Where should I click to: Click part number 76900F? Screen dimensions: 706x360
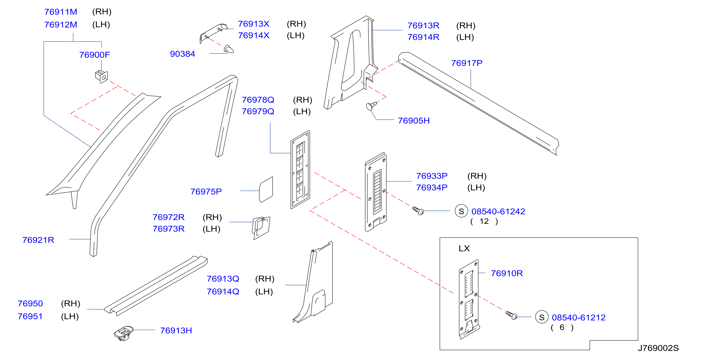[95, 55]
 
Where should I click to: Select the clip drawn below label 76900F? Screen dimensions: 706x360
[101, 76]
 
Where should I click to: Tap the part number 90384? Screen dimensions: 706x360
[183, 54]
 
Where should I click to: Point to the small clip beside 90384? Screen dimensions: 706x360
[229, 49]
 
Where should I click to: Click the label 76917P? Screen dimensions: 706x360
[467, 63]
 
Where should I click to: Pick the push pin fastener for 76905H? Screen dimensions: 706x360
[371, 106]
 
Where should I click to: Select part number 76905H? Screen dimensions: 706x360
[414, 121]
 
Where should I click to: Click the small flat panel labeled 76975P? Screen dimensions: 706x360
[266, 190]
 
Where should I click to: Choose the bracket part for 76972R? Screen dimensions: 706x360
[261, 228]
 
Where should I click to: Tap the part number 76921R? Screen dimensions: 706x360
[38, 240]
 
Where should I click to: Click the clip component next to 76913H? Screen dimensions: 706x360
[124, 333]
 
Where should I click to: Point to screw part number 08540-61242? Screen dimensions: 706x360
[498, 212]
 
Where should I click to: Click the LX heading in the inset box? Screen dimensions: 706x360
[464, 248]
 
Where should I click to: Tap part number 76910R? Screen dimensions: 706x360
[507, 273]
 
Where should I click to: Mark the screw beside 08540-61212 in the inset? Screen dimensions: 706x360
[511, 315]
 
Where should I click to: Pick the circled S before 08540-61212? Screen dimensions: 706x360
[542, 317]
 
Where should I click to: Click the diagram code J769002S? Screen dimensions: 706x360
[658, 348]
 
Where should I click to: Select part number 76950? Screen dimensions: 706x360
[30, 303]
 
